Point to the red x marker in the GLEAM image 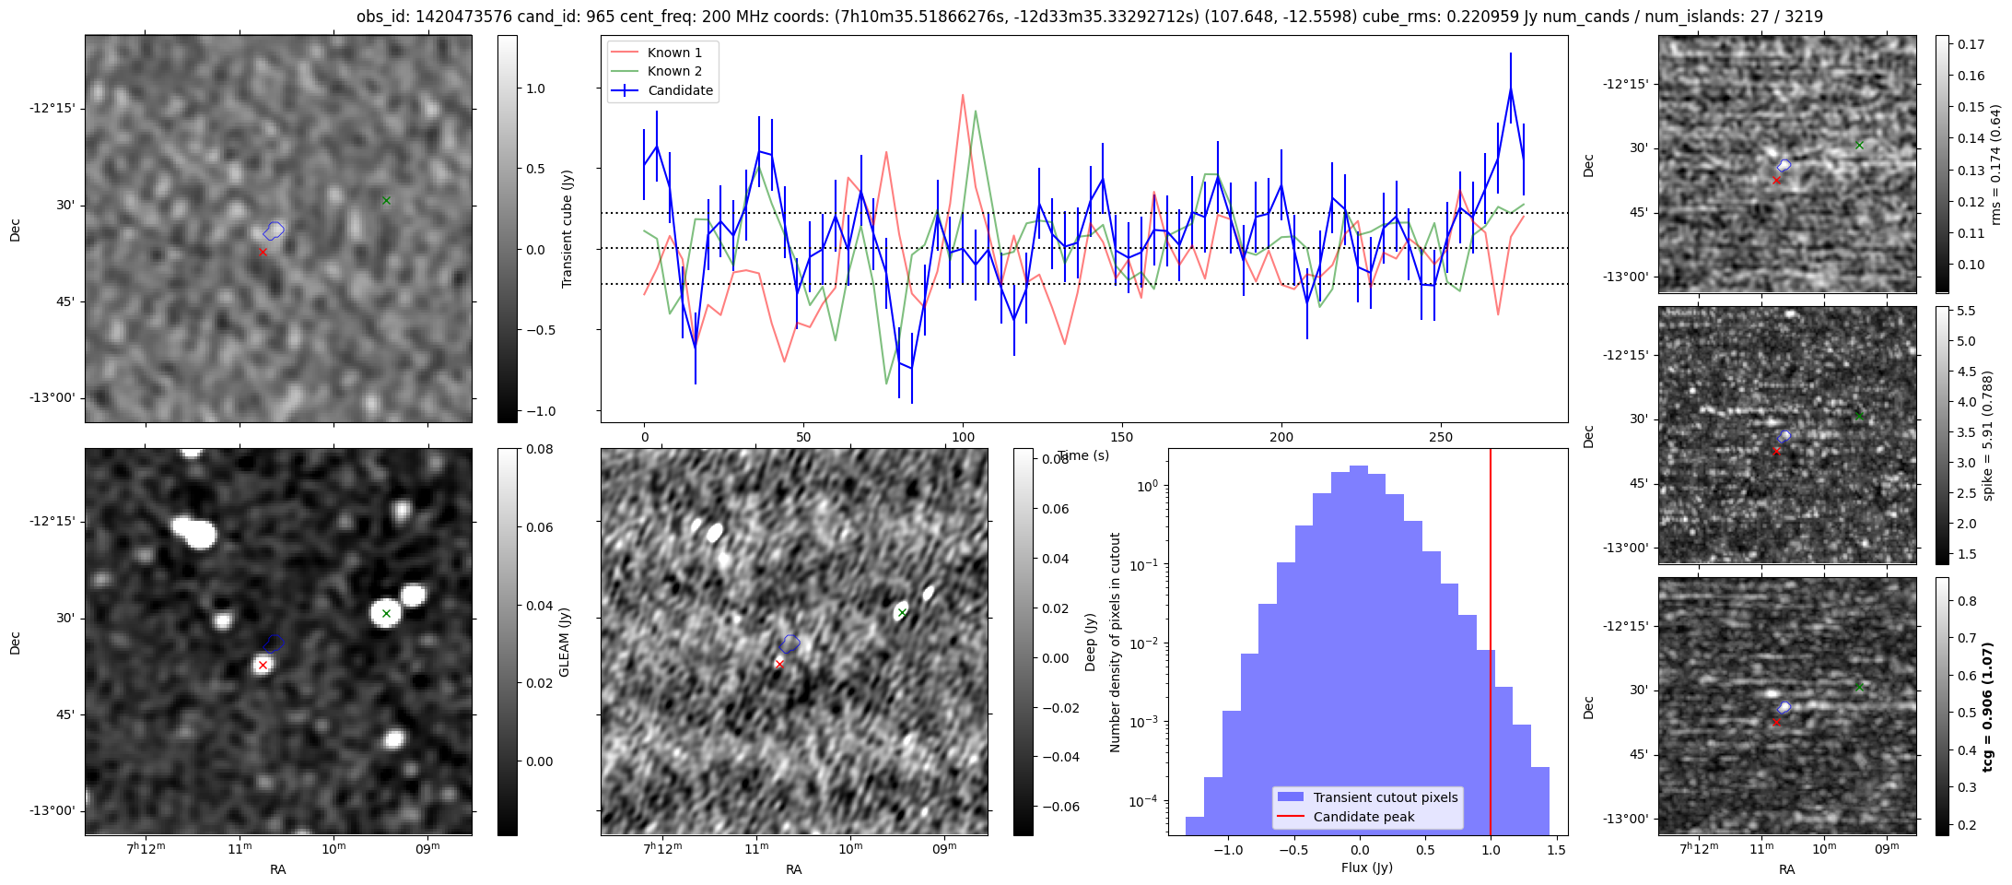click(263, 665)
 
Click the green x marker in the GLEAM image click(386, 613)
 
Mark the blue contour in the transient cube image click(274, 230)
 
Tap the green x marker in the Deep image click(902, 613)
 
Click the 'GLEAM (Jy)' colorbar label click(565, 642)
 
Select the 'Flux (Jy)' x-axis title click(1367, 867)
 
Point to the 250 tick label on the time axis click(1440, 437)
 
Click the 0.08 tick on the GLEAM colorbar click(513, 450)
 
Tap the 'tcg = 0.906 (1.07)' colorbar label click(1988, 707)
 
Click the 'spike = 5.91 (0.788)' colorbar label click(1988, 436)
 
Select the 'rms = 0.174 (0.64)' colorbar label click(1995, 164)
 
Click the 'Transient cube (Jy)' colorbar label click(567, 229)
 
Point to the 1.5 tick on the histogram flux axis click(1557, 851)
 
